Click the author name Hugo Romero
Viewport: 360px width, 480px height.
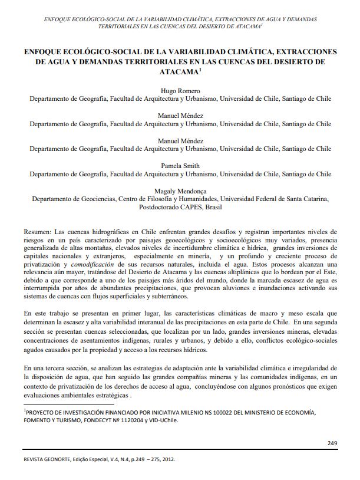[x=180, y=91]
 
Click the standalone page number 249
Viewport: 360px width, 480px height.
[x=332, y=442]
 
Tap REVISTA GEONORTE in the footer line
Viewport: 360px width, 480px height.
[x=48, y=459]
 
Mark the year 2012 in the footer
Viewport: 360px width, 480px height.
[x=168, y=459]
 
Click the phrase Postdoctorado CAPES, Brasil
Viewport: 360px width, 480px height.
[x=180, y=208]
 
